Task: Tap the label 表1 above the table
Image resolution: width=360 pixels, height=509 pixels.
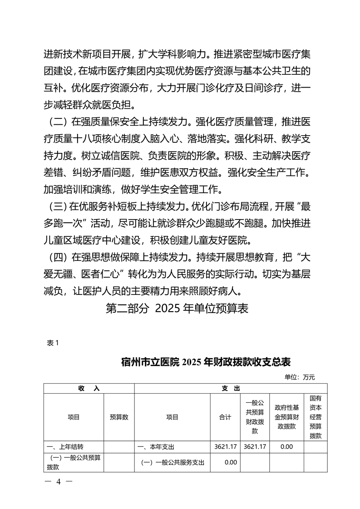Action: click(53, 343)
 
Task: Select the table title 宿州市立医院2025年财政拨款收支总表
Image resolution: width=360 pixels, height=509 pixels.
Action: click(206, 362)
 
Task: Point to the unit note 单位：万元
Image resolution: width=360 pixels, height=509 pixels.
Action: click(300, 377)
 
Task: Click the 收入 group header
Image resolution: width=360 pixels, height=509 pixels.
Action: click(89, 388)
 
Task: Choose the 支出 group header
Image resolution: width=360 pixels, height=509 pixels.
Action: click(231, 388)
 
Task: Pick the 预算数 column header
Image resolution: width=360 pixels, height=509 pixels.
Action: click(119, 417)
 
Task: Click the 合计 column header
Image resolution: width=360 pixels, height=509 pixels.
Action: click(225, 417)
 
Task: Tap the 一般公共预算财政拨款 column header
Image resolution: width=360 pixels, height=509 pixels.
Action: click(255, 417)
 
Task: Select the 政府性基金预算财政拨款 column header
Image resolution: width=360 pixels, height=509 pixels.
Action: click(286, 417)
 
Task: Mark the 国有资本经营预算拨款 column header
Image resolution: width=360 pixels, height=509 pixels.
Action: click(316, 417)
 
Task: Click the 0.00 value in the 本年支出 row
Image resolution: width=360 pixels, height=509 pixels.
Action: click(286, 447)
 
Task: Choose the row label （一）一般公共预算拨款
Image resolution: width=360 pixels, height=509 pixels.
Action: click(73, 462)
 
